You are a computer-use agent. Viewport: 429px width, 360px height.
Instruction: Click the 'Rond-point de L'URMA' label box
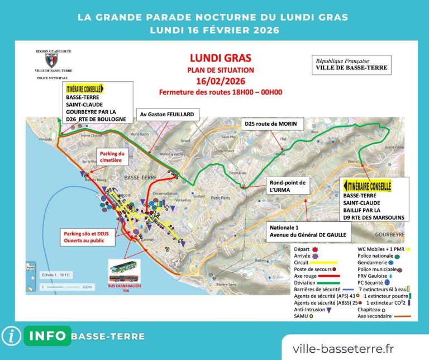[287, 187]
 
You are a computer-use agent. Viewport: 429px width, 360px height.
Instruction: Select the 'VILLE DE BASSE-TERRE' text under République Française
[351, 68]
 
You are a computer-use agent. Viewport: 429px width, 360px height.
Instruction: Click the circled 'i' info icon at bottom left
[11, 336]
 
